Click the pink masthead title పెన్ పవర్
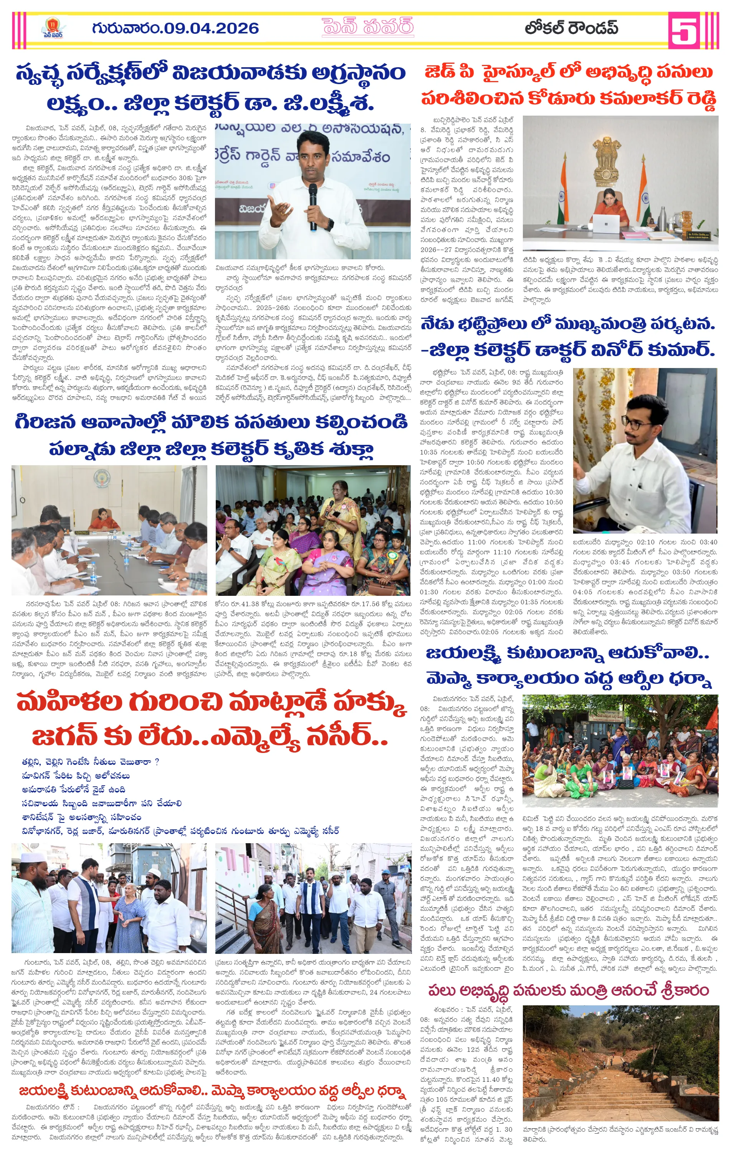[367, 28]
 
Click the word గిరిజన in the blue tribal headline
[46, 422]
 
